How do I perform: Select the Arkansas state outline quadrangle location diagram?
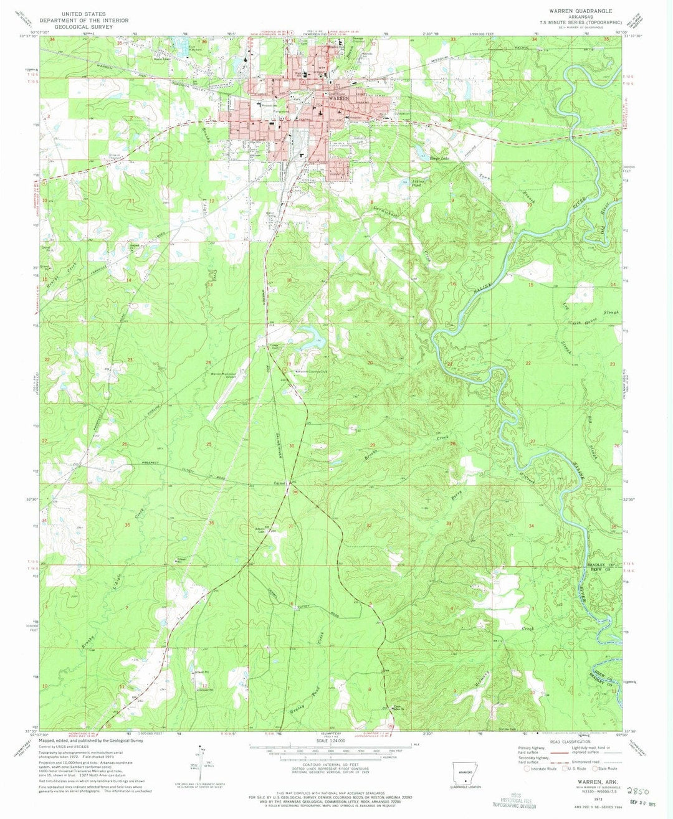pos(463,770)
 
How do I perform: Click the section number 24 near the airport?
pos(208,362)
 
